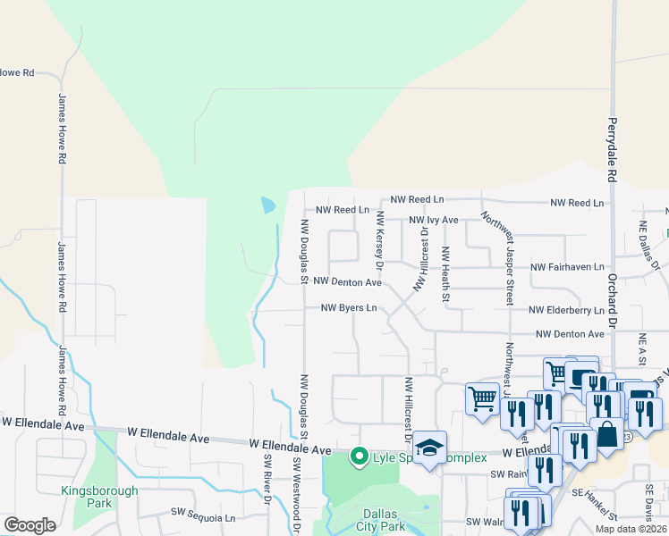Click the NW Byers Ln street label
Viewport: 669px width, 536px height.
point(349,308)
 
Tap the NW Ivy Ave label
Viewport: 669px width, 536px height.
point(434,220)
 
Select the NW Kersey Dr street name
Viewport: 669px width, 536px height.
point(379,241)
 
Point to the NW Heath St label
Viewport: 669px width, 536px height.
point(444,275)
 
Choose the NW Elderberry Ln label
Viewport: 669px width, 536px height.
point(566,310)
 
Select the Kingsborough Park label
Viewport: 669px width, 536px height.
point(99,498)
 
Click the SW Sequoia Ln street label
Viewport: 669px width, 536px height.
point(203,517)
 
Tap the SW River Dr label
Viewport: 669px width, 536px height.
point(267,479)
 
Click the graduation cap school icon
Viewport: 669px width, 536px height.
point(430,448)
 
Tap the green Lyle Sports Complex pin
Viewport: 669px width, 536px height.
point(360,457)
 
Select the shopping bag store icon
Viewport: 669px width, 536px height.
point(607,435)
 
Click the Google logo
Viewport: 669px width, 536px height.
point(30,525)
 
